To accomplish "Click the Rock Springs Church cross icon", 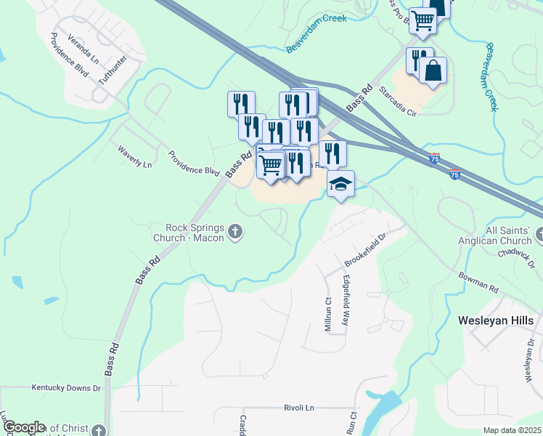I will [x=234, y=232].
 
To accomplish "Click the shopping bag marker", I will [x=433, y=71].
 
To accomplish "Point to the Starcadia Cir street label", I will [x=398, y=102].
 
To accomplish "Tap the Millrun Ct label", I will [x=327, y=313].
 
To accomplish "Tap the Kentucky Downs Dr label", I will [x=66, y=388].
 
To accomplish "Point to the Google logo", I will [x=23, y=427].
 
